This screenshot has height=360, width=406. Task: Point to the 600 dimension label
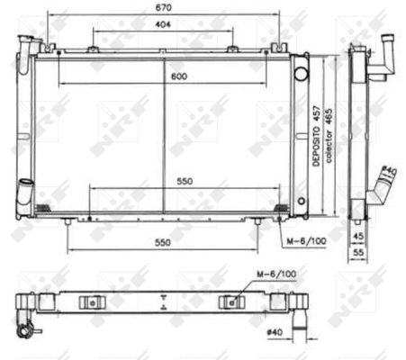tap(178, 76)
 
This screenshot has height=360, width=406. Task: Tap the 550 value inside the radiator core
tap(184, 181)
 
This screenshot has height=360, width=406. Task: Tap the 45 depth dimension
tap(358, 238)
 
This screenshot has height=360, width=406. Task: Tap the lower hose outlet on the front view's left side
tap(25, 193)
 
